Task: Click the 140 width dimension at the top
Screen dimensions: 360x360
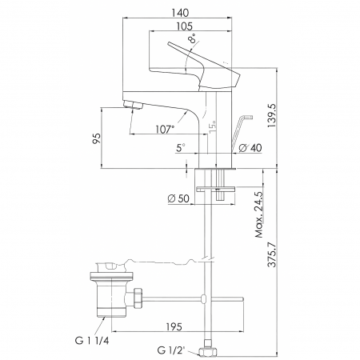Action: (x=180, y=13)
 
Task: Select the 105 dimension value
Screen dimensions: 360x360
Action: (x=184, y=26)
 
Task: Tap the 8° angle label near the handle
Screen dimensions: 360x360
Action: (x=194, y=38)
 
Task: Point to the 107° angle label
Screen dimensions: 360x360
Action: (x=165, y=130)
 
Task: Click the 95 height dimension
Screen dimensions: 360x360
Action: (x=97, y=138)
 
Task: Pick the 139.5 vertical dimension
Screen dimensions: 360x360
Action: (x=272, y=115)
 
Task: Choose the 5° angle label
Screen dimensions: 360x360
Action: (x=181, y=147)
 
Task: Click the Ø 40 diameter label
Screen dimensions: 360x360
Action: (x=250, y=148)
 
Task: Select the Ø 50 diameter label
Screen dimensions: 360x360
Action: (x=178, y=198)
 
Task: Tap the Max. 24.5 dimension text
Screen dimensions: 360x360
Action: (x=259, y=214)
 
